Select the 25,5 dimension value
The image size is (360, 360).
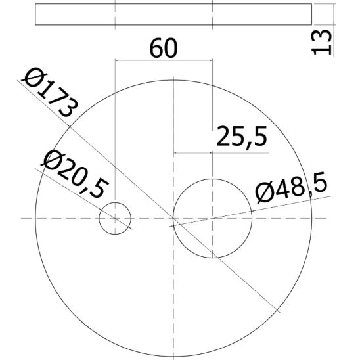point(241,137)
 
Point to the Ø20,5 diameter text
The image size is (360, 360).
point(73,174)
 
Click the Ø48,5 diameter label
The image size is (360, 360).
point(290,189)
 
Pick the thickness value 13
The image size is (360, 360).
point(321,41)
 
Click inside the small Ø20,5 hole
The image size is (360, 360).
point(115,217)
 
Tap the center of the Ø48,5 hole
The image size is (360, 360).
point(212,217)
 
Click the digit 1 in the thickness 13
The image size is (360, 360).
point(321,49)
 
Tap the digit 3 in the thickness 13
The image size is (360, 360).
point(321,34)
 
